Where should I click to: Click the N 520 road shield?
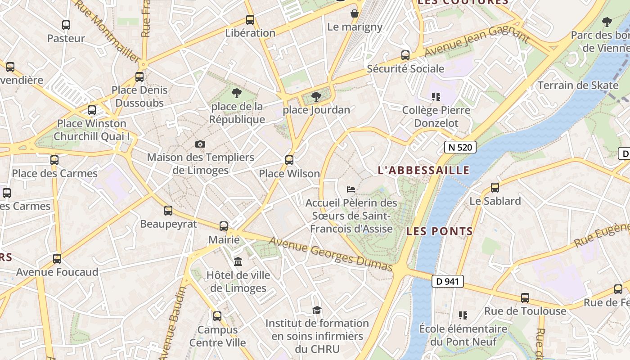coord(460,147)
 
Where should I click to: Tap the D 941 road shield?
coord(447,281)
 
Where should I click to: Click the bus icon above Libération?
coord(250,20)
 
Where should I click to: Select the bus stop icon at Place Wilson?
coord(289,160)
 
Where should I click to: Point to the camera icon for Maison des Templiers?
coord(200,144)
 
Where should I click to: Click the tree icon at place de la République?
coord(236,94)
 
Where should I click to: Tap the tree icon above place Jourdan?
coord(316,96)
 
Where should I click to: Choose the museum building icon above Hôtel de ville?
coord(238,261)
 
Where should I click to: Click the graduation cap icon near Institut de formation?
coord(317,310)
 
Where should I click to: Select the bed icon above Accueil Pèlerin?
coord(351,189)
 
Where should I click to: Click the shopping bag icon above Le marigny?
coord(355,13)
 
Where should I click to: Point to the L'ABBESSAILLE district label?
coord(423,170)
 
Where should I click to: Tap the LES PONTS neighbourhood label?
coord(440,231)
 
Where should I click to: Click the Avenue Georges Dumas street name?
coord(331,254)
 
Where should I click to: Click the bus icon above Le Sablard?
coord(495,188)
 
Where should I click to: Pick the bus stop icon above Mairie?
coord(224,226)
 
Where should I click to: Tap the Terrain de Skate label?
coord(578,85)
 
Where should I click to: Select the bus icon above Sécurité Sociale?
coord(405,55)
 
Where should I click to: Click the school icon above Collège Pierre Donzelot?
coord(436,96)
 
